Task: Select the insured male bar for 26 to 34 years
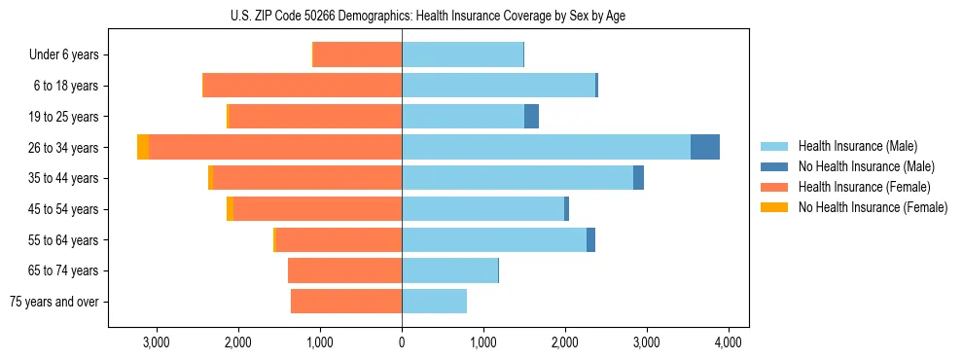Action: tap(546, 147)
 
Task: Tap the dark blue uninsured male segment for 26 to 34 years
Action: tap(704, 147)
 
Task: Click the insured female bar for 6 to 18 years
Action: tap(302, 86)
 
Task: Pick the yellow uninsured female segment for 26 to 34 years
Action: tap(143, 147)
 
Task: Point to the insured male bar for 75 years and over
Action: tap(434, 302)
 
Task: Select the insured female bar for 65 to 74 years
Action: tap(344, 270)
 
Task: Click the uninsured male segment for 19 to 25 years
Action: tap(531, 117)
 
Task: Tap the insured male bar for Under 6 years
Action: tap(462, 54)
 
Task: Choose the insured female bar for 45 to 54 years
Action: tap(317, 209)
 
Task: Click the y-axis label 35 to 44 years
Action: tap(65, 178)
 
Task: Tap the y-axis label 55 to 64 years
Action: tap(65, 240)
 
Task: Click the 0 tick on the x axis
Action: tap(402, 342)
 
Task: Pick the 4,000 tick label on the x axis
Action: tap(729, 342)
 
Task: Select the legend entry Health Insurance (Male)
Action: tap(857, 146)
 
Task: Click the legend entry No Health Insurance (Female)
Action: tap(873, 207)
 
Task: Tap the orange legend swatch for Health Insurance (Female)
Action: tap(774, 187)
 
